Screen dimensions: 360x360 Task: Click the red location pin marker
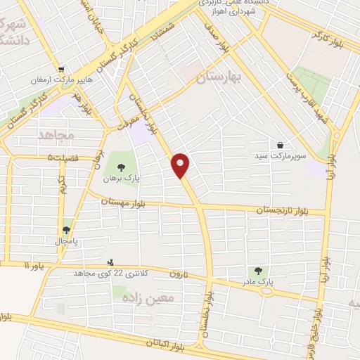point(181,165)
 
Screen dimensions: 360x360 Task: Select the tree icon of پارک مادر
point(259,270)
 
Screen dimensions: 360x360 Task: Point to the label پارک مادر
point(259,282)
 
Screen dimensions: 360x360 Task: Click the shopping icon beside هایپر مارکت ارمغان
point(63,70)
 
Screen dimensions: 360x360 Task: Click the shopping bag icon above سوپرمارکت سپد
point(281,144)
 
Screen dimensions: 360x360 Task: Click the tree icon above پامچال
point(67,229)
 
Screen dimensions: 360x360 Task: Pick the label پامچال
point(67,241)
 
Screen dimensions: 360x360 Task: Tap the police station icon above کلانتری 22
point(119,262)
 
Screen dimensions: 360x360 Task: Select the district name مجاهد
point(56,134)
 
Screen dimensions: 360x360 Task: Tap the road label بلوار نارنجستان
point(281,209)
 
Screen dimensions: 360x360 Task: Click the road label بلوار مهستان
point(127,202)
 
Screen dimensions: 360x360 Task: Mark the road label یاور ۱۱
point(34,266)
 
